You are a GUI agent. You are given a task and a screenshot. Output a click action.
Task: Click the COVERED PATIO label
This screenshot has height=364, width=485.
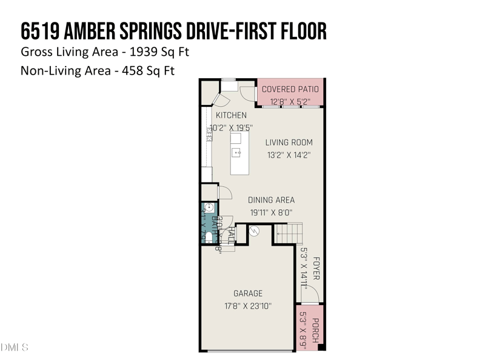[x=290, y=89]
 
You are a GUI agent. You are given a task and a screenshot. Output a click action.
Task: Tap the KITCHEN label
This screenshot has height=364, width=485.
[x=231, y=115]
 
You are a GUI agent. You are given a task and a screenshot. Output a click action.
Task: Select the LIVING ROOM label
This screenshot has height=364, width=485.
[x=289, y=143]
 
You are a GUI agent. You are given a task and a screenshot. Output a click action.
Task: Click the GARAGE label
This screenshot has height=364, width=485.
[x=248, y=294]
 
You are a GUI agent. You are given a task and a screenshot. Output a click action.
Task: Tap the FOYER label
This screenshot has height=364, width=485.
[x=316, y=268]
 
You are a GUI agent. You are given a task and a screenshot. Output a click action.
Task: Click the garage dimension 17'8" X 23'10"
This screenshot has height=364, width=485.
[x=248, y=306]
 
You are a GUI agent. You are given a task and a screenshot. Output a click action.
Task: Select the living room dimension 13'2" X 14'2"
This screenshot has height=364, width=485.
[x=289, y=155]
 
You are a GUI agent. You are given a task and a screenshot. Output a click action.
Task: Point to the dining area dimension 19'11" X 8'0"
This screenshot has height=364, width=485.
[x=272, y=212]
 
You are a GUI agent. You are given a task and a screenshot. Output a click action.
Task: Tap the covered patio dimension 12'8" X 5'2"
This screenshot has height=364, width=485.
[x=290, y=101]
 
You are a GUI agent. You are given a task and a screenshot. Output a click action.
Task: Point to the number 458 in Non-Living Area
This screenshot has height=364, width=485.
[x=135, y=71]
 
